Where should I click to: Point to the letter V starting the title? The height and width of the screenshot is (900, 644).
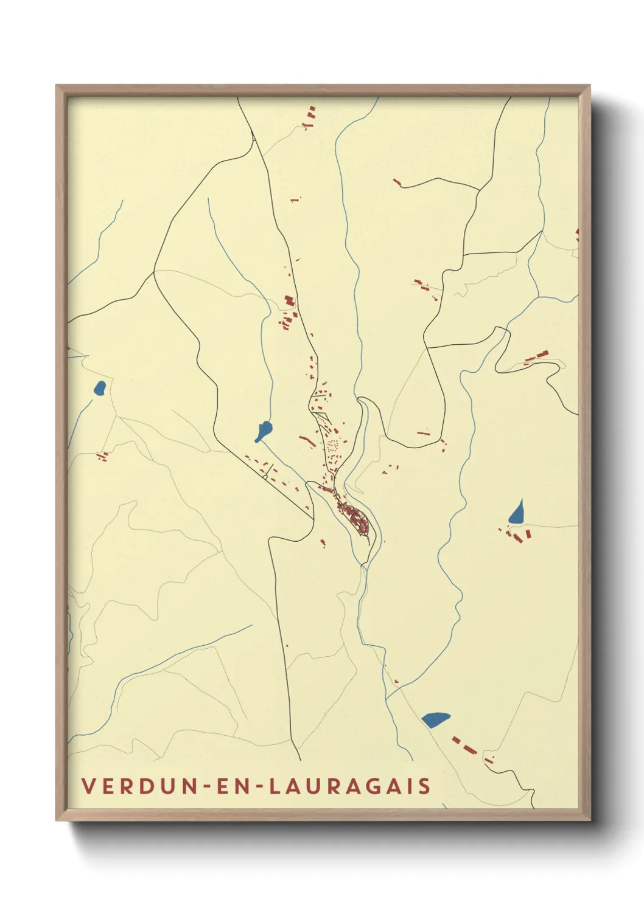pos(88,786)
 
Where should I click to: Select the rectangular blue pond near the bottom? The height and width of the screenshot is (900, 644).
pos(435,719)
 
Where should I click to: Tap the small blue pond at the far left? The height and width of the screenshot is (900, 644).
pos(99,387)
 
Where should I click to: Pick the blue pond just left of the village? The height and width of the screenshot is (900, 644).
pos(264,431)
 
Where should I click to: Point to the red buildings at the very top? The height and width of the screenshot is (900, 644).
pos(310,117)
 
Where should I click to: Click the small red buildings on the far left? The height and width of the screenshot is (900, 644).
pos(102,455)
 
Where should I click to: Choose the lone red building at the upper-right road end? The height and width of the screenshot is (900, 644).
pos(397,182)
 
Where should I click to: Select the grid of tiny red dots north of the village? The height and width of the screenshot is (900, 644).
pos(333,447)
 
